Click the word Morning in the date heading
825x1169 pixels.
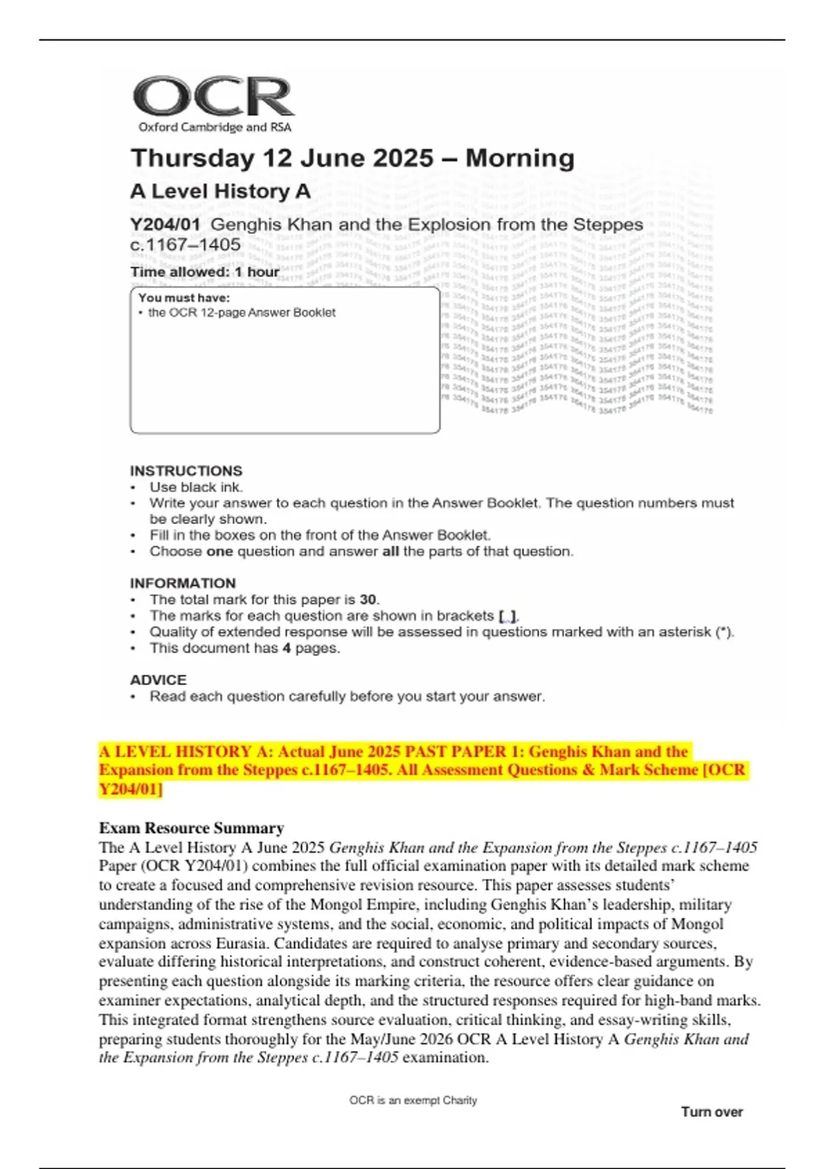(x=520, y=158)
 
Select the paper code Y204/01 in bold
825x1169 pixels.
(x=165, y=225)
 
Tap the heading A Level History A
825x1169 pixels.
(x=220, y=191)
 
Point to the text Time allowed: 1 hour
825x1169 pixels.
(x=205, y=272)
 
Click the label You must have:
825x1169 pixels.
(x=184, y=298)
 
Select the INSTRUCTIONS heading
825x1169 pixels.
(x=186, y=471)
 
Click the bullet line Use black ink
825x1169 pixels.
(x=196, y=487)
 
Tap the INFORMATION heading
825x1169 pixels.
(x=182, y=583)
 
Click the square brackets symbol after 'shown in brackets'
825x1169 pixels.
(x=507, y=616)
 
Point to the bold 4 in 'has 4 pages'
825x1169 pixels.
(x=287, y=648)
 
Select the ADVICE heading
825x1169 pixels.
(x=158, y=680)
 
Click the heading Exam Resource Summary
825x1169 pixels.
(x=191, y=828)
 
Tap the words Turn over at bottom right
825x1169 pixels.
(x=712, y=1112)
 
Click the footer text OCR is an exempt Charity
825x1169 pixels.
(x=412, y=1100)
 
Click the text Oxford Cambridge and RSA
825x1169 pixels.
(x=214, y=127)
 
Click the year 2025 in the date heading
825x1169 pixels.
(x=401, y=158)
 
